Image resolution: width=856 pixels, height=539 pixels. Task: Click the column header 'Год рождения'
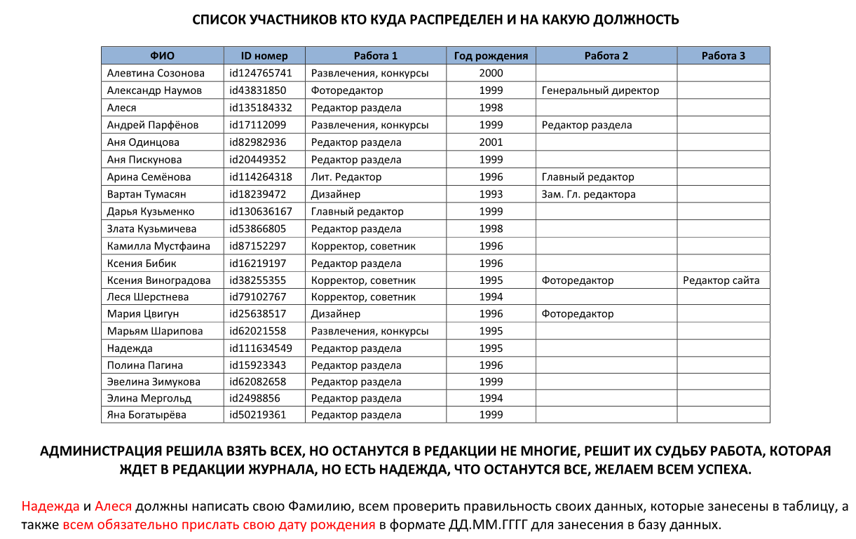click(x=491, y=56)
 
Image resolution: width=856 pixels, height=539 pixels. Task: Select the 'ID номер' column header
click(x=264, y=56)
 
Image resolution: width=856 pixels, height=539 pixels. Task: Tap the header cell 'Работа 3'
click(x=723, y=56)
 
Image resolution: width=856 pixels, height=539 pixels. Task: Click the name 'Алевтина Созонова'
click(x=156, y=73)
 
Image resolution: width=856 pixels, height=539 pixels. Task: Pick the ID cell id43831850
click(x=257, y=90)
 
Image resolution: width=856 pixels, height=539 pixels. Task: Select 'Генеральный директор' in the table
click(x=600, y=90)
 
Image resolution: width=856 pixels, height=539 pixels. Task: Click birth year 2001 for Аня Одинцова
click(x=491, y=142)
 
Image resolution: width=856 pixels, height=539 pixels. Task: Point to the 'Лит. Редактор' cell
click(x=346, y=177)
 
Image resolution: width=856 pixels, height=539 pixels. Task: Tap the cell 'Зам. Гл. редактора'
click(x=588, y=194)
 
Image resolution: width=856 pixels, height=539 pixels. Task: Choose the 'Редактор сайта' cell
click(x=721, y=280)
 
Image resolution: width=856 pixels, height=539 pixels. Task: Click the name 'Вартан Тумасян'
click(x=147, y=194)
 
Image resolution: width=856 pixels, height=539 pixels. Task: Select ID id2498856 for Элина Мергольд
click(x=254, y=398)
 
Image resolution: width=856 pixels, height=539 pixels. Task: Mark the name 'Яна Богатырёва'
click(x=147, y=415)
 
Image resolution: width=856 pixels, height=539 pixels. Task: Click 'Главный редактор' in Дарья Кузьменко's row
click(x=357, y=211)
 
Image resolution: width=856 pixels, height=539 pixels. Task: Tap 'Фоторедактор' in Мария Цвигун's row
click(x=577, y=314)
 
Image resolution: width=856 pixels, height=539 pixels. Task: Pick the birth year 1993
click(x=491, y=194)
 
